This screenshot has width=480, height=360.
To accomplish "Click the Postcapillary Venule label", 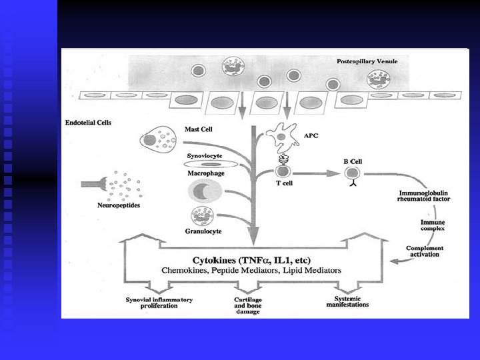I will pyautogui.click(x=367, y=61).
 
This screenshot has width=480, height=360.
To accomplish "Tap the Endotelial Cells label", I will pyautogui.click(x=88, y=123).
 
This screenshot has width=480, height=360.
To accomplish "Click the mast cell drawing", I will pyautogui.click(x=157, y=140).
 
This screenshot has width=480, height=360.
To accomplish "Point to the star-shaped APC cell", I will pyautogui.click(x=280, y=138).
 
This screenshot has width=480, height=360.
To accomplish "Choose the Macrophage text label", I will pyautogui.click(x=205, y=173).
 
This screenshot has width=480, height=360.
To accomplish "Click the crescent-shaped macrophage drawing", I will pyautogui.click(x=207, y=192).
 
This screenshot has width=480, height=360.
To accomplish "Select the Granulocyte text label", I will pyautogui.click(x=204, y=231).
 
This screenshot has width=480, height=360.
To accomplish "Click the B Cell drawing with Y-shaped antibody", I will pyautogui.click(x=351, y=175).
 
